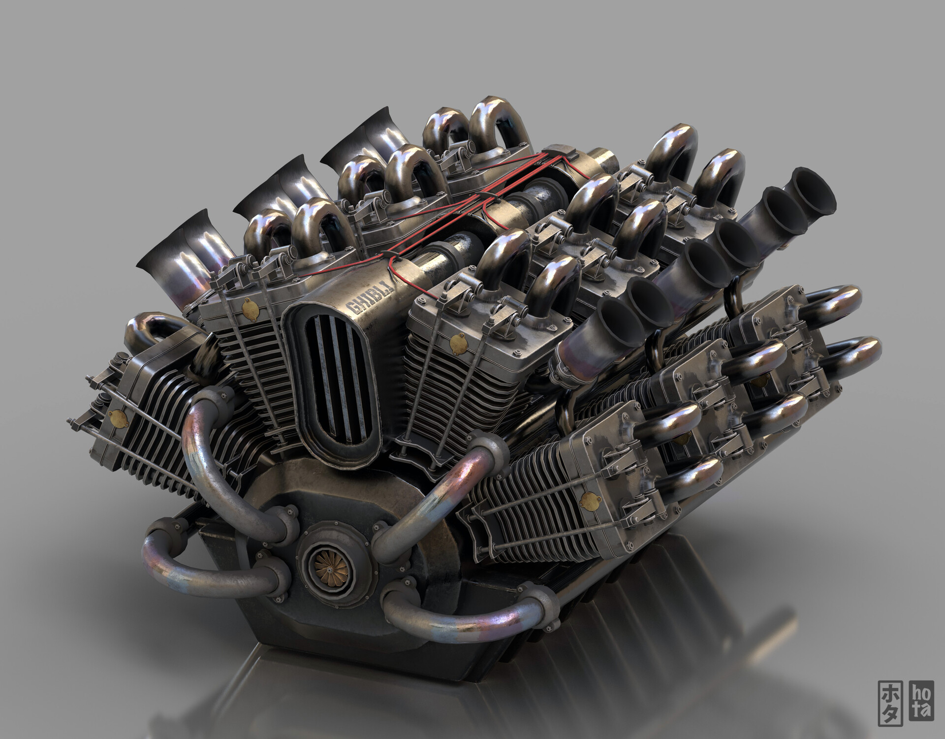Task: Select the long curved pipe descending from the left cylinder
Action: (x=207, y=458)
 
